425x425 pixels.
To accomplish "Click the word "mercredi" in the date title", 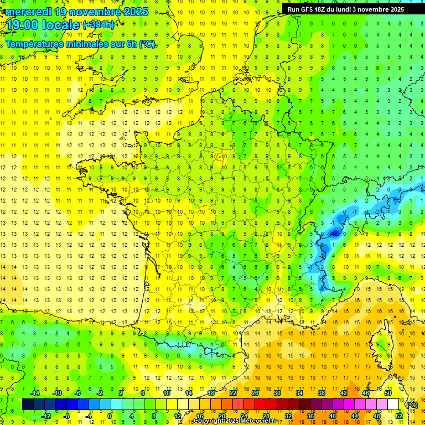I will coord(30,12).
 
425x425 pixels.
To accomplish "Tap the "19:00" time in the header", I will coord(23,25).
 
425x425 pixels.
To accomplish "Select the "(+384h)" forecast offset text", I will coord(99,25).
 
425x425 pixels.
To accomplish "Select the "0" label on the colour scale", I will coord(110,416).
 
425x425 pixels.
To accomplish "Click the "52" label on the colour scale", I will coord(399,416).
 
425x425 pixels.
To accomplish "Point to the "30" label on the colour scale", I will coord(277,393).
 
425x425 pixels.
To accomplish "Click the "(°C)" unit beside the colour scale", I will coord(412,405).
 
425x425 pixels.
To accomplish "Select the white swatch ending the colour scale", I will coord(393,405).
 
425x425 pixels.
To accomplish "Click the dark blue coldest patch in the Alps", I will coord(334,234).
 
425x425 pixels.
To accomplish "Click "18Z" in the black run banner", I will coord(323,9).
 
